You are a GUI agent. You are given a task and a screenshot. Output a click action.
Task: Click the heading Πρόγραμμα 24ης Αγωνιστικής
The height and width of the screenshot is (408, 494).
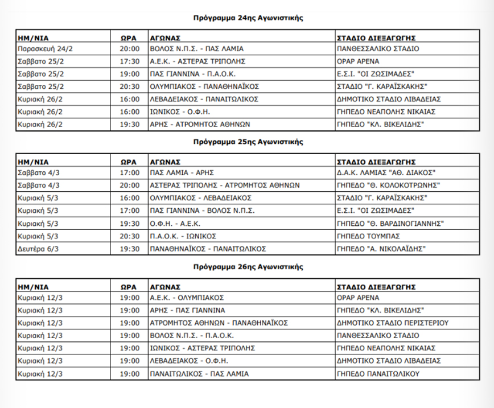pyautogui.click(x=248, y=18)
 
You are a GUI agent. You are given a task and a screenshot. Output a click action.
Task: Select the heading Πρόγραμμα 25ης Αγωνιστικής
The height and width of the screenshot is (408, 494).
pyautogui.click(x=248, y=142)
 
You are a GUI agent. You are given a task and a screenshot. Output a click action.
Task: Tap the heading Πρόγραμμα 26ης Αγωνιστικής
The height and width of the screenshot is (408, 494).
pyautogui.click(x=248, y=266)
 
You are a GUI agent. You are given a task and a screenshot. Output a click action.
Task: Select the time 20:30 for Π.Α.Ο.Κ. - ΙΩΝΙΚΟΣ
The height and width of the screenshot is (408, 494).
pyautogui.click(x=129, y=236)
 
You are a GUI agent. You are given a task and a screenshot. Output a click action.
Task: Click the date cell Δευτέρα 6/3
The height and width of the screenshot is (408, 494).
pyautogui.click(x=39, y=249)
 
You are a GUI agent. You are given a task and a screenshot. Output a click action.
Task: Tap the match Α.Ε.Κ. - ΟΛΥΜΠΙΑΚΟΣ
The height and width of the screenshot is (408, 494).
pyautogui.click(x=187, y=298)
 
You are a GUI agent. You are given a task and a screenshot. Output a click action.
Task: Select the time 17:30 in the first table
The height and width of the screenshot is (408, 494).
pyautogui.click(x=129, y=61)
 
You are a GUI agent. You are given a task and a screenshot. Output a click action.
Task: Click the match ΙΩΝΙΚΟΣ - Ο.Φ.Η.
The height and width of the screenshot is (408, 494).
pyautogui.click(x=180, y=112)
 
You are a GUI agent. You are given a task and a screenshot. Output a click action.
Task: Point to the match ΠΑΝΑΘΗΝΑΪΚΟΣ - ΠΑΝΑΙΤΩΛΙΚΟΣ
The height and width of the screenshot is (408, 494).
pyautogui.click(x=208, y=249)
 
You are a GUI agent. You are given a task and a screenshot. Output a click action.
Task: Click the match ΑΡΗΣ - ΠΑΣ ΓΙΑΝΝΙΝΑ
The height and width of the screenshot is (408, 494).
pyautogui.click(x=188, y=310)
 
